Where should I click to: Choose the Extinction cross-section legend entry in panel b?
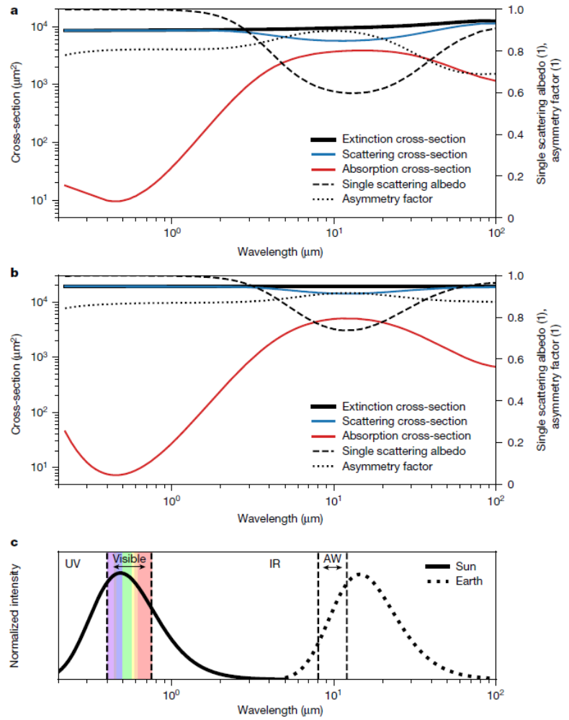coord(404,407)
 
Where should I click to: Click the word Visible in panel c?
coord(129,559)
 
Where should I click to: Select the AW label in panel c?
coord(332,559)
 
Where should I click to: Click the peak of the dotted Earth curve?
coord(360,575)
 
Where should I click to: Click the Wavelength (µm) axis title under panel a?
coord(279,253)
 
